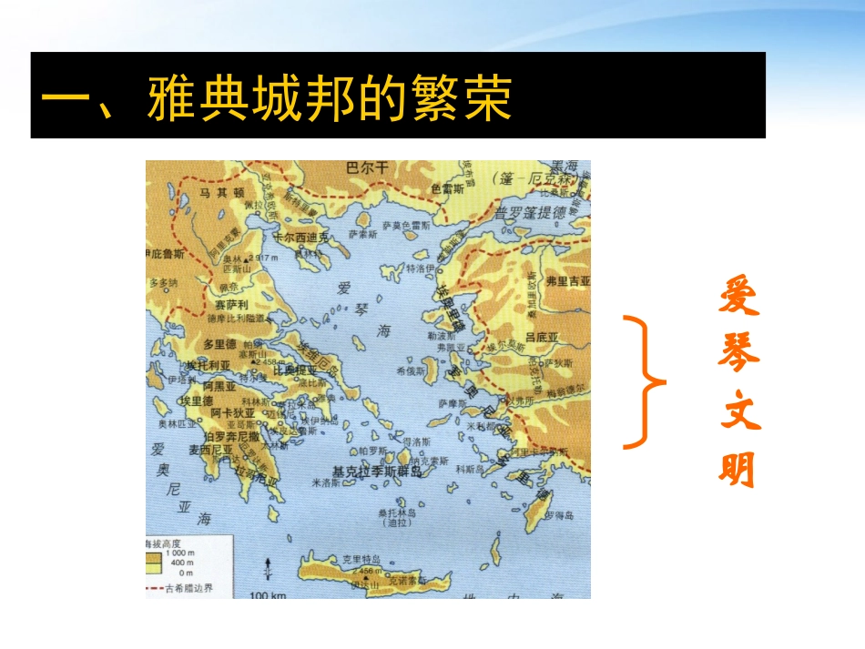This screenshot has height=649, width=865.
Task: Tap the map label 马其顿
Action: click(222, 192)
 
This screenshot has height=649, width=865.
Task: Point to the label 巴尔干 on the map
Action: click(367, 167)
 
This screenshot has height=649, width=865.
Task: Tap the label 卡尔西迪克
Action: click(304, 236)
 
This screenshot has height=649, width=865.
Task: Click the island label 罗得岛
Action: click(559, 515)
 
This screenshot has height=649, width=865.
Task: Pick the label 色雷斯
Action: click(447, 189)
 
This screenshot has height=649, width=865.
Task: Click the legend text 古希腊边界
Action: click(197, 588)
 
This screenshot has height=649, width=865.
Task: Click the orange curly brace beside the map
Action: click(646, 381)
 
